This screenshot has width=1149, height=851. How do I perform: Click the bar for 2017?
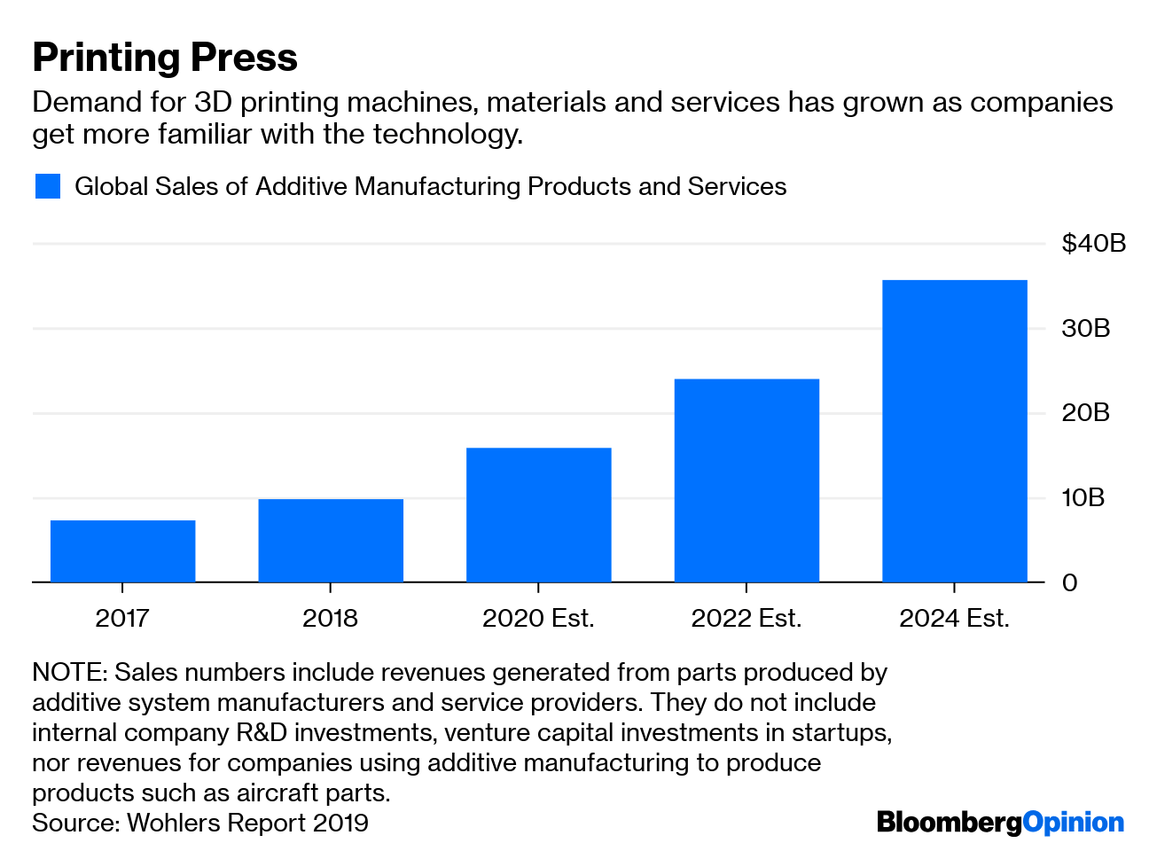[x=122, y=550]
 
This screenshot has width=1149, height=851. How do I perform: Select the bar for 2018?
[x=331, y=540]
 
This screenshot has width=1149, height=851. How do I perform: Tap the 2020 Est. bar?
[x=538, y=514]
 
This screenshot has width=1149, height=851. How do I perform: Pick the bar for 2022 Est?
[x=746, y=480]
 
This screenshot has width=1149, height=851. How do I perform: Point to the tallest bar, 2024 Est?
[x=954, y=431]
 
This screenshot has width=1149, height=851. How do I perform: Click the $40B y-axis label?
[x=1093, y=243]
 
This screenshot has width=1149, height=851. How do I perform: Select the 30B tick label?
[x=1086, y=328]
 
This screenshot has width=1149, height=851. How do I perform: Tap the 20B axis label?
[x=1086, y=413]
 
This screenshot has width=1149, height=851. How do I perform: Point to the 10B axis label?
[x=1083, y=497]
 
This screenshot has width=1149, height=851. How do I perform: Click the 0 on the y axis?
[x=1070, y=582]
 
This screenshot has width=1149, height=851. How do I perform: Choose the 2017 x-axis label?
[x=122, y=618]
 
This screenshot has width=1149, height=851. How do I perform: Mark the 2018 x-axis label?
[x=330, y=618]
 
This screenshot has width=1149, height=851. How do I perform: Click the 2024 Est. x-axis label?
[x=954, y=618]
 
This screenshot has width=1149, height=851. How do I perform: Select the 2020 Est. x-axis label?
[x=538, y=618]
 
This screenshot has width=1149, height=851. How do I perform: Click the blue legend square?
[x=48, y=186]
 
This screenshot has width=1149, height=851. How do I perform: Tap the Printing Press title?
[x=165, y=57]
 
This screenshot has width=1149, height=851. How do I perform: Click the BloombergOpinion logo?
[x=1000, y=823]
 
